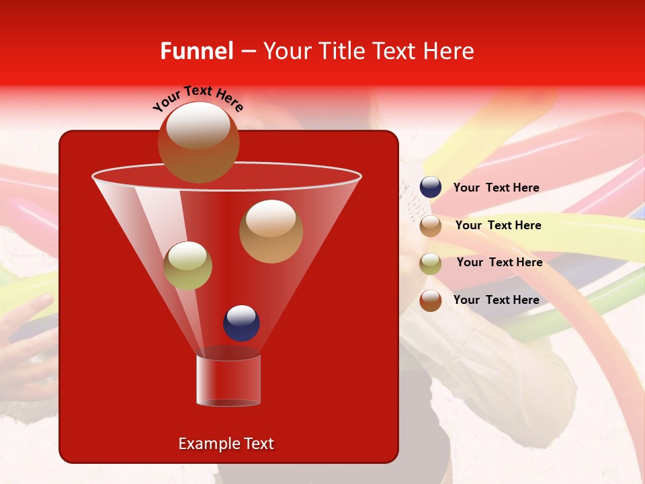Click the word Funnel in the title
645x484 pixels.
(x=197, y=51)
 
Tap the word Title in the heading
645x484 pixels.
(x=341, y=51)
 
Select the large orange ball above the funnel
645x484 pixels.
(x=198, y=143)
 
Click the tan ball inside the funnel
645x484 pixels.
(x=271, y=231)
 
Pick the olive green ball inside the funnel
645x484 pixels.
(x=187, y=266)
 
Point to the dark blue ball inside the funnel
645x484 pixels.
(x=241, y=323)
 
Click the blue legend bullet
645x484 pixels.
(x=431, y=188)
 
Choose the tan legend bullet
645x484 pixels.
(x=431, y=225)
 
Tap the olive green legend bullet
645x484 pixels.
(x=431, y=263)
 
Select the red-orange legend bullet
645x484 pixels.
(x=431, y=300)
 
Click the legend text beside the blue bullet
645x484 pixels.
(x=496, y=188)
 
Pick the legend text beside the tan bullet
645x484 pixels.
(x=498, y=225)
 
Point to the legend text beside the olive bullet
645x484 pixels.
(x=499, y=262)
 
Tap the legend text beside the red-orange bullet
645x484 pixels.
(x=496, y=300)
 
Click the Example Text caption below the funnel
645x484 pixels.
(x=226, y=444)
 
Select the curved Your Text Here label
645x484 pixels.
(x=198, y=97)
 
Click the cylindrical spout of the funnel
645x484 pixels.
(x=228, y=380)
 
